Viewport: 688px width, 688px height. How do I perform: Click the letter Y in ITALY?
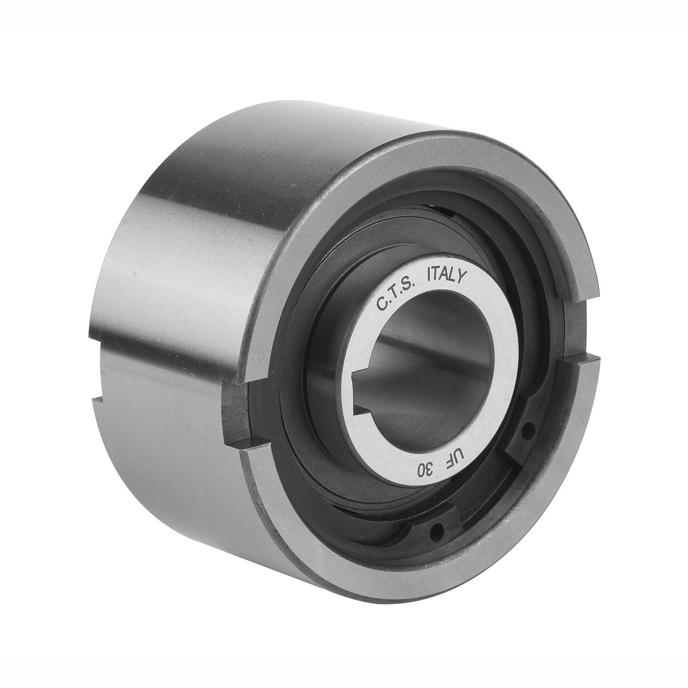[x=463, y=277]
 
